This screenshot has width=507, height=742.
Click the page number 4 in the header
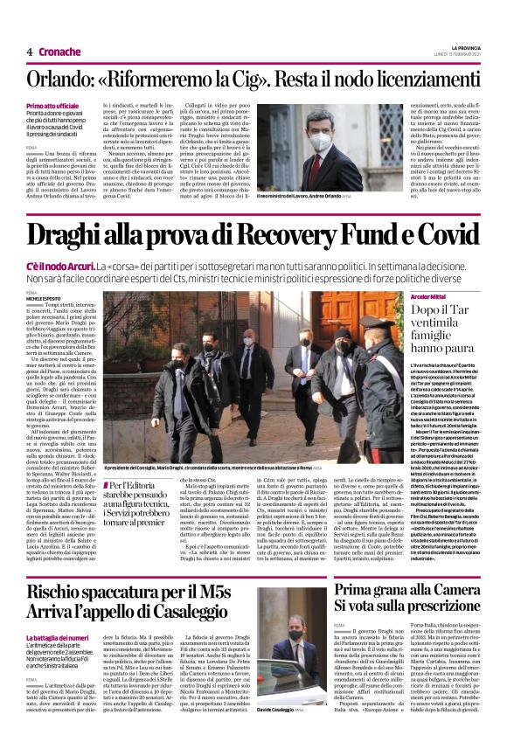(x=30, y=52)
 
